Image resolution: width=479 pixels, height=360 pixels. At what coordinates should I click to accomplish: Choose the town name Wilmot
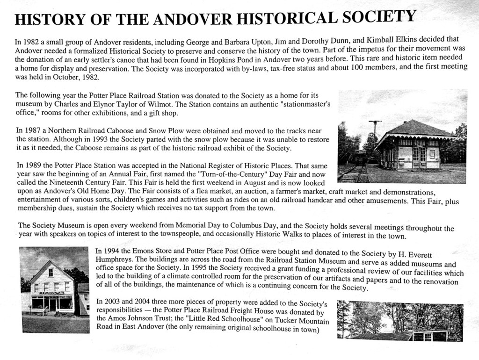[x=163, y=104]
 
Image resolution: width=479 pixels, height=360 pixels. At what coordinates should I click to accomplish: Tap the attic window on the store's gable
[x=51, y=272]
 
